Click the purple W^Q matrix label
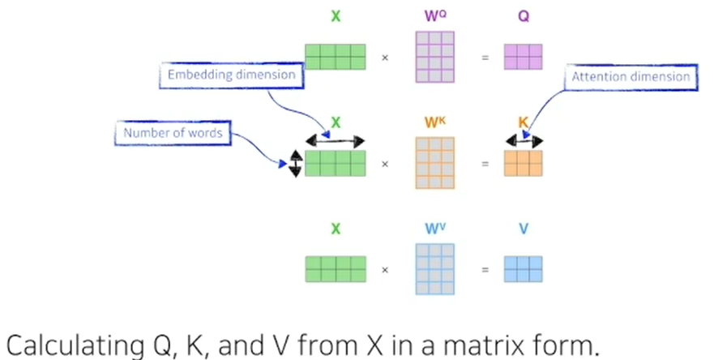point(434,17)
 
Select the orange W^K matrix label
point(434,123)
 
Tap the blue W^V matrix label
point(434,229)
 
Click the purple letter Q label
point(524,17)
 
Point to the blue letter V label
point(524,230)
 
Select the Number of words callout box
point(172,133)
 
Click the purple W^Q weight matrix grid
point(434,57)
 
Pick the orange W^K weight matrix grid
point(434,163)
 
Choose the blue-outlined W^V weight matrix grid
point(434,269)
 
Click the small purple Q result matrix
point(523,57)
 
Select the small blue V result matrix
point(523,269)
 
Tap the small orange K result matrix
point(523,163)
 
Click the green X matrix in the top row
point(336,57)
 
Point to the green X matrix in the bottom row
point(336,269)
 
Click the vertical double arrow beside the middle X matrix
point(295,163)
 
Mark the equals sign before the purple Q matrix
point(485,58)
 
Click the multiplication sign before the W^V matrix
point(385,270)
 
